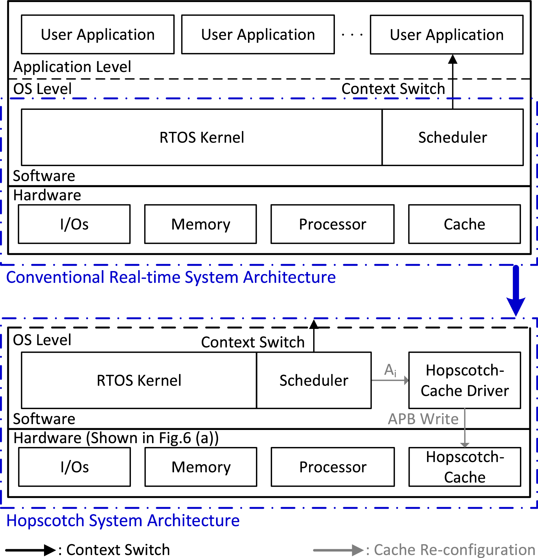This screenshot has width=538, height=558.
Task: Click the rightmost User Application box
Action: tap(446, 35)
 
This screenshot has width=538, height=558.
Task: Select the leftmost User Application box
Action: tap(98, 35)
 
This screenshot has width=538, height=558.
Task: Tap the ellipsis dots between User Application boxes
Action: tap(352, 35)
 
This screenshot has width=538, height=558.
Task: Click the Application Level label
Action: tap(72, 67)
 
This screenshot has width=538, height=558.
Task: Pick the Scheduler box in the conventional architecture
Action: tap(452, 137)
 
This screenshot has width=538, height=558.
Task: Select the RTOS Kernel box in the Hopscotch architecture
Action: tap(139, 380)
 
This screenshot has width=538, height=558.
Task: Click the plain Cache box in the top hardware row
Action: tap(464, 224)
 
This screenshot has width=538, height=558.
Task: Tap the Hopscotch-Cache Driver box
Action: tap(465, 380)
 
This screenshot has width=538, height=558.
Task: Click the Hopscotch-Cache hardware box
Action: tap(465, 467)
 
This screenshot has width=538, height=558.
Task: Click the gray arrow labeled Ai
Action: tap(390, 380)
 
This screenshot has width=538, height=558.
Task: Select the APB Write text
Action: tap(423, 419)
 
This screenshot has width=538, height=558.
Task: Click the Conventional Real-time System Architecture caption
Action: tap(171, 277)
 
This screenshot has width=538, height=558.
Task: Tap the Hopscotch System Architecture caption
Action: tap(123, 521)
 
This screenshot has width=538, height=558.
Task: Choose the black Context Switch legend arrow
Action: tap(30, 550)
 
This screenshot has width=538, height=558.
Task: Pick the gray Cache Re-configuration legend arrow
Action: tap(338, 550)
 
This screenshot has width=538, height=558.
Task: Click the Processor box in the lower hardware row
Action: tap(333, 467)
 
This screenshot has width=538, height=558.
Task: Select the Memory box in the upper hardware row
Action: tap(200, 224)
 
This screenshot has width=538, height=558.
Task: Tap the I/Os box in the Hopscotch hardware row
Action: tap(75, 467)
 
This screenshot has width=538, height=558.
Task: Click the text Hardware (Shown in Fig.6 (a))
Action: tap(116, 438)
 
